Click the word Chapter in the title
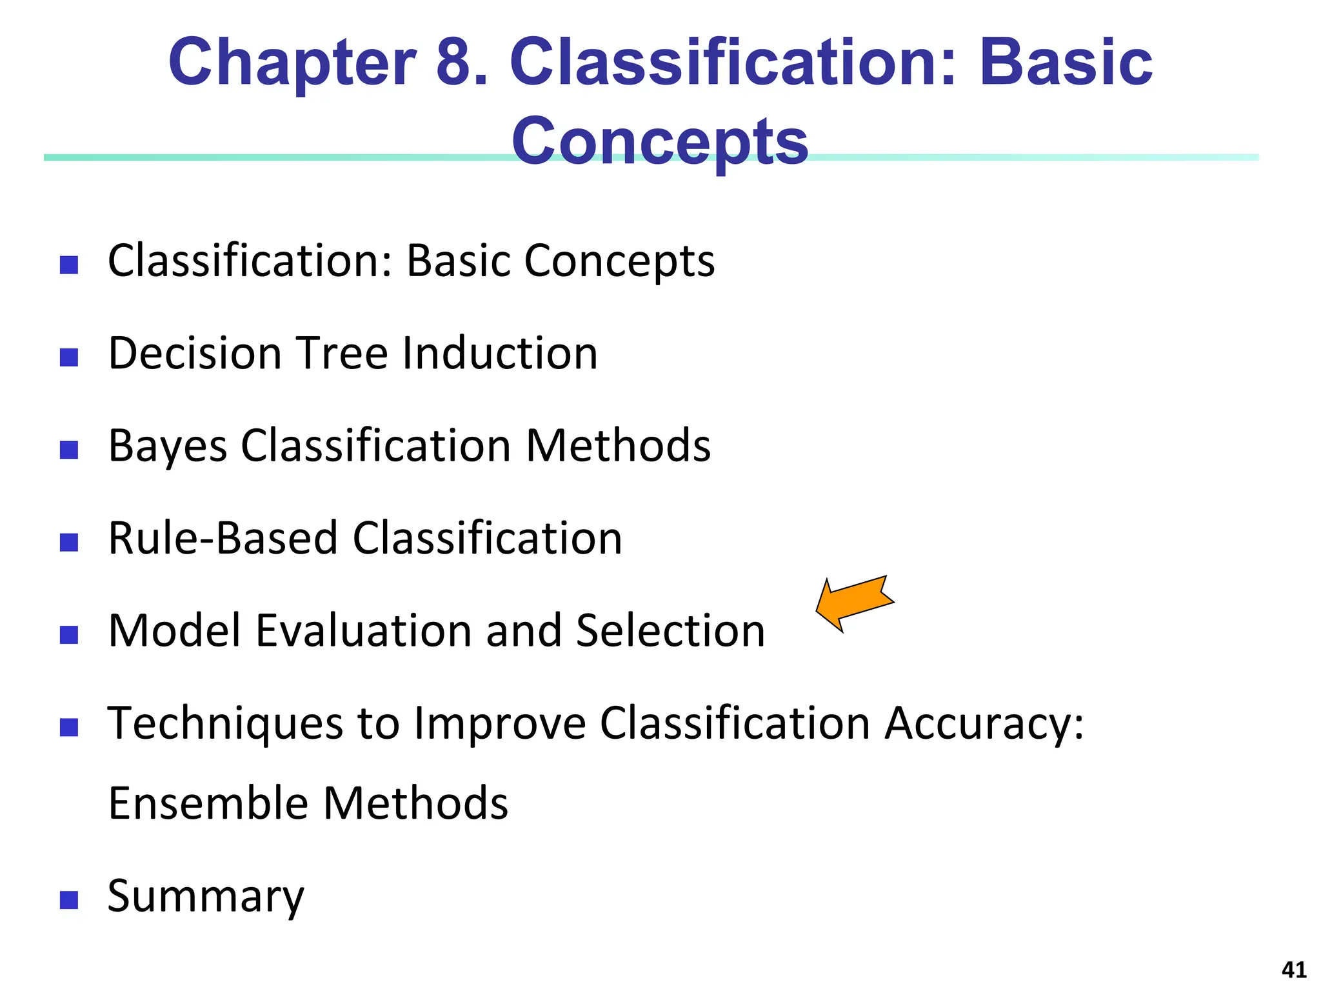tap(292, 63)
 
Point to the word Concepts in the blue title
tap(659, 142)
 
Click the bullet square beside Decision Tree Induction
tap(69, 357)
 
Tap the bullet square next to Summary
tap(69, 900)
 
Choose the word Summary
tap(205, 897)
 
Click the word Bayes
tap(168, 446)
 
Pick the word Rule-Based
tap(223, 538)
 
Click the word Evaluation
tap(364, 630)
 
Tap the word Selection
tap(670, 630)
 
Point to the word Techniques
tap(225, 724)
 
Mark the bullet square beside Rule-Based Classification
tap(69, 543)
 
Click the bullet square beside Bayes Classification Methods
tap(69, 450)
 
